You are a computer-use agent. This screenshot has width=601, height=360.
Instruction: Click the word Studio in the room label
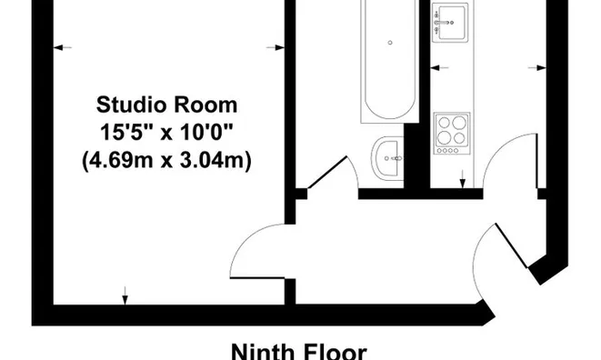coord(129,105)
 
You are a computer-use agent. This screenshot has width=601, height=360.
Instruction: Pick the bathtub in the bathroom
coord(389,61)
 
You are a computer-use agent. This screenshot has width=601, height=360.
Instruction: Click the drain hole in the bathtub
coord(390,43)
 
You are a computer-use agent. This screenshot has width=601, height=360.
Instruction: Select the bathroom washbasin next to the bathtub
coord(387,158)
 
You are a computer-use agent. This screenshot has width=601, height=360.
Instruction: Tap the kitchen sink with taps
coord(450,22)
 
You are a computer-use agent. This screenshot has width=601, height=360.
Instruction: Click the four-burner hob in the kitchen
coord(452,134)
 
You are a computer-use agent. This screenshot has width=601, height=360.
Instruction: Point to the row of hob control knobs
coord(447,151)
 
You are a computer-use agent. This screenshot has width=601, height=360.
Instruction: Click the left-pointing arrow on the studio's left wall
coord(63,47)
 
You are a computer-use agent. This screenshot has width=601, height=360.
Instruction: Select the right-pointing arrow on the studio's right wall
coord(275,47)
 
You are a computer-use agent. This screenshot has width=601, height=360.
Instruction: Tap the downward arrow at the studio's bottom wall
coord(125,295)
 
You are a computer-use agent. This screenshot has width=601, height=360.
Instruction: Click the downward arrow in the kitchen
coord(463,179)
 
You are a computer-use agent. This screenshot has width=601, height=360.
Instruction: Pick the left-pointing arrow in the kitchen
coord(440,68)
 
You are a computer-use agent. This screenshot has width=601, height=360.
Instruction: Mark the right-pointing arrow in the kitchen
coord(537,68)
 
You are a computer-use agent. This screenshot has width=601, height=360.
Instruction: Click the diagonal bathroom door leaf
coord(327,172)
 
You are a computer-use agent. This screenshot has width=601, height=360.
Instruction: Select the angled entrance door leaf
coord(512,245)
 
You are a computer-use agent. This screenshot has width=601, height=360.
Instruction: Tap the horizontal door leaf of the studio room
coord(257,277)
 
